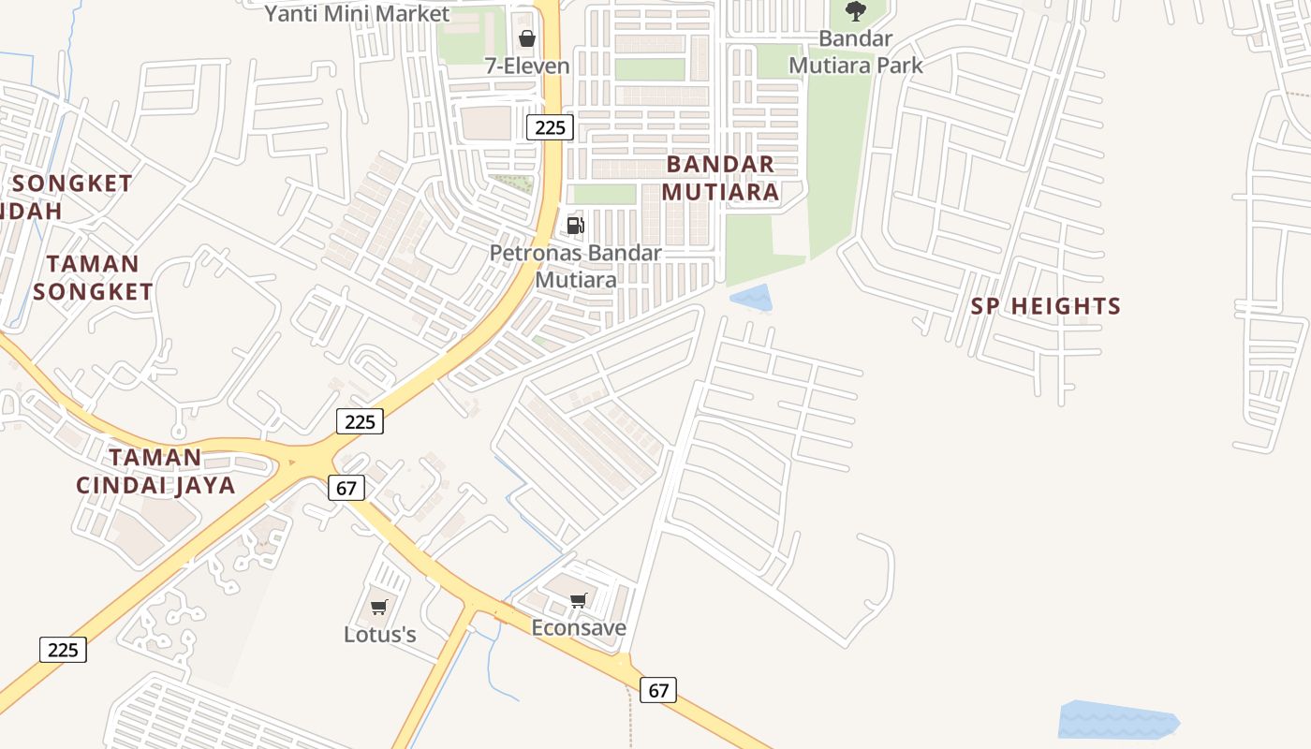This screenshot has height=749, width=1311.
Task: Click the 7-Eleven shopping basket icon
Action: click(x=527, y=38)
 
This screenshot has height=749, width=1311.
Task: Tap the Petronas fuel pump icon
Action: click(x=575, y=226)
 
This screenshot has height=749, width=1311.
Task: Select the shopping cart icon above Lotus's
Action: click(x=379, y=607)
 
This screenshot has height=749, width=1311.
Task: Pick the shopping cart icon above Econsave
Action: click(x=579, y=600)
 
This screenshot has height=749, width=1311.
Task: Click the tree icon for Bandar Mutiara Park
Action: click(x=855, y=11)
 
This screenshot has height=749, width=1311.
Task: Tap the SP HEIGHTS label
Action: click(x=1046, y=306)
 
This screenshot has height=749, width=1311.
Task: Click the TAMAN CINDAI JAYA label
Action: click(x=155, y=472)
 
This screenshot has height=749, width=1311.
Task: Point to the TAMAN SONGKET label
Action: click(x=93, y=278)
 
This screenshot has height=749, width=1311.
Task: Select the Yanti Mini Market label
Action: click(x=357, y=14)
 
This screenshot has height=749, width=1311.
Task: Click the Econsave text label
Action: click(x=579, y=627)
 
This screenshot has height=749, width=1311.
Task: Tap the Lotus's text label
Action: click(x=379, y=634)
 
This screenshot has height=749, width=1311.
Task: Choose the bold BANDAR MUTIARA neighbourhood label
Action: click(x=720, y=178)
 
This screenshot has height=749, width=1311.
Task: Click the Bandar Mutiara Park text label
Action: click(x=855, y=52)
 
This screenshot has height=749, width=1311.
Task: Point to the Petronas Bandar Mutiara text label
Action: click(x=575, y=266)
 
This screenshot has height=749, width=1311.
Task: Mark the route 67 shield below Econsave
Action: click(x=658, y=690)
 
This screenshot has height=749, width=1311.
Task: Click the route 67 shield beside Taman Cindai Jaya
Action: click(x=346, y=488)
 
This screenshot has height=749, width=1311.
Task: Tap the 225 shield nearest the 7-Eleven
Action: click(x=549, y=127)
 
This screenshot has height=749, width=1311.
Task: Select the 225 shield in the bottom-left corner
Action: click(x=63, y=649)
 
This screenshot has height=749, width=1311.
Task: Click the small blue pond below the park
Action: click(x=752, y=299)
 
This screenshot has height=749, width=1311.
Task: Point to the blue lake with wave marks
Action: click(x=1117, y=721)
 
